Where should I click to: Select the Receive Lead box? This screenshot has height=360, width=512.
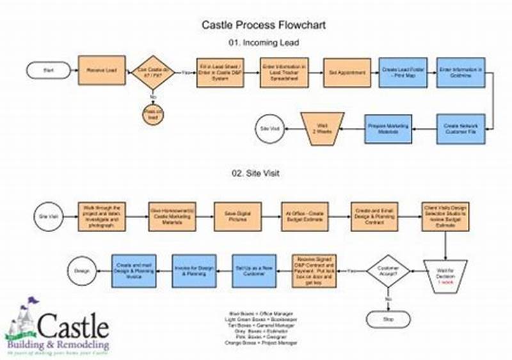click(101, 70)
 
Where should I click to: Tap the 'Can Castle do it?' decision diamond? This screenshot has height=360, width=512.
click(154, 71)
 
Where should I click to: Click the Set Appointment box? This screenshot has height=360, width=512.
click(347, 72)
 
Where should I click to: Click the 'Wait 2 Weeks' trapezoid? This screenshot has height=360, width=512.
click(322, 128)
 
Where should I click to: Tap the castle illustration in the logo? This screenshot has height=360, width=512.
click(21, 320)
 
